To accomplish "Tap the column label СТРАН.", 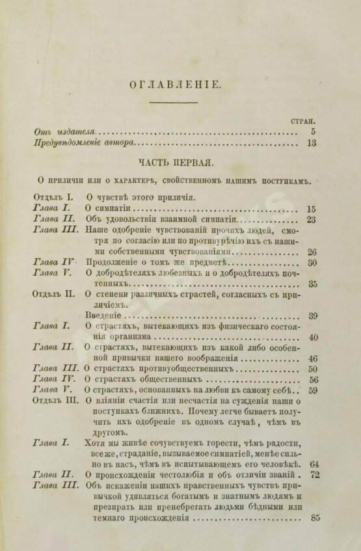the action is coord(304,120).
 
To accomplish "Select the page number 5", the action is coord(313,132).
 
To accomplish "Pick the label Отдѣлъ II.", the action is coord(55,293).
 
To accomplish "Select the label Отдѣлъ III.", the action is coord(57,401).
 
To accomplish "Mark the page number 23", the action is coord(310,219).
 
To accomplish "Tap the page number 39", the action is coord(312,316).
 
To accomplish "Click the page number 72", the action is coord(314,476).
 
